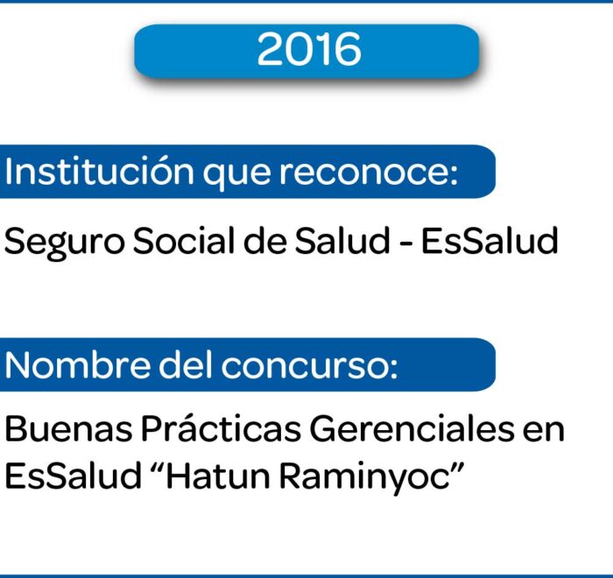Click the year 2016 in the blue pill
[309, 49]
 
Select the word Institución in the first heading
[99, 172]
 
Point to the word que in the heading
[236, 175]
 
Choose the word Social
[185, 241]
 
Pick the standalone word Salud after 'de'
[342, 241]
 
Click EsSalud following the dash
[490, 241]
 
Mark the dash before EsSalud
[405, 243]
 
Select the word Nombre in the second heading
[77, 365]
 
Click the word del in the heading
[186, 365]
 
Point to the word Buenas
[68, 429]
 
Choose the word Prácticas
[221, 428]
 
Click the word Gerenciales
[412, 428]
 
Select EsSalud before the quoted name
[73, 476]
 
